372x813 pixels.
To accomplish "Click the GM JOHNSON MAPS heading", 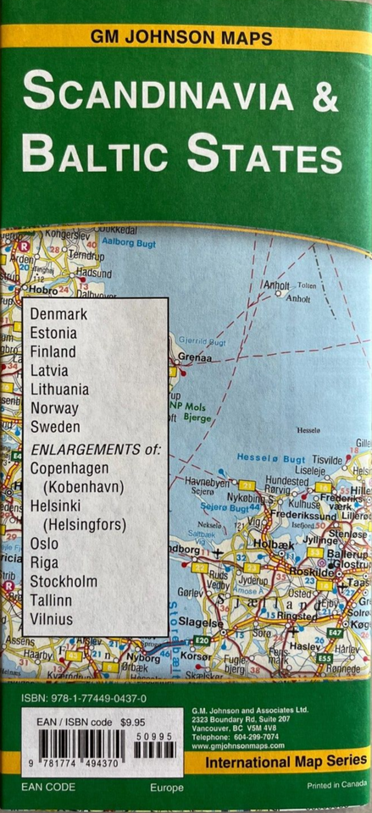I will click(186, 37).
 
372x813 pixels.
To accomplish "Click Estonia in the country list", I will click(53, 333).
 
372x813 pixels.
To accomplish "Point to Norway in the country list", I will click(54, 407).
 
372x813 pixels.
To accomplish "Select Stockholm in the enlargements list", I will click(64, 582).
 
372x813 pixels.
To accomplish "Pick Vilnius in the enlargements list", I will click(51, 619).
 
